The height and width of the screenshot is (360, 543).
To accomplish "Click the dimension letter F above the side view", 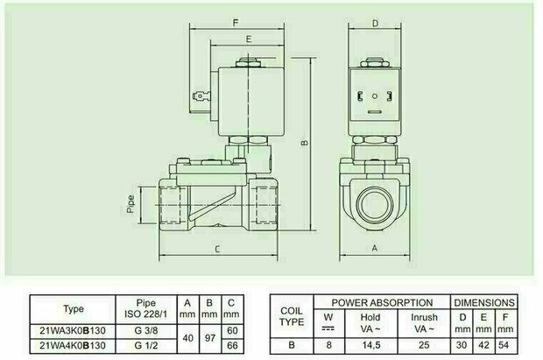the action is tap(236, 24).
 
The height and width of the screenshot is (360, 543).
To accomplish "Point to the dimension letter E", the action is tap(249, 39).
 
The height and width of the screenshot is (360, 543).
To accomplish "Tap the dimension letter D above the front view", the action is tap(375, 24).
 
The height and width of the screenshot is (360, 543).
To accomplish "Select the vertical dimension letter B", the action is tap(305, 142).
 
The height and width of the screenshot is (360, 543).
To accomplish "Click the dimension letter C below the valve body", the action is tap(217, 249).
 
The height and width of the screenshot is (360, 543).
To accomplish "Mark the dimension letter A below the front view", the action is tap(374, 248).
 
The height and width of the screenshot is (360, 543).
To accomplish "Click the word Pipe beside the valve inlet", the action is tap(130, 204).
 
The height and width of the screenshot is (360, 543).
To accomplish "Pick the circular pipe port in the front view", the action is tap(375, 204).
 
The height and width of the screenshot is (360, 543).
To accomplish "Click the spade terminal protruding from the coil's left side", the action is tap(201, 95).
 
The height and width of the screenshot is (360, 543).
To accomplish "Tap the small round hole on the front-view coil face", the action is tap(376, 96).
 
